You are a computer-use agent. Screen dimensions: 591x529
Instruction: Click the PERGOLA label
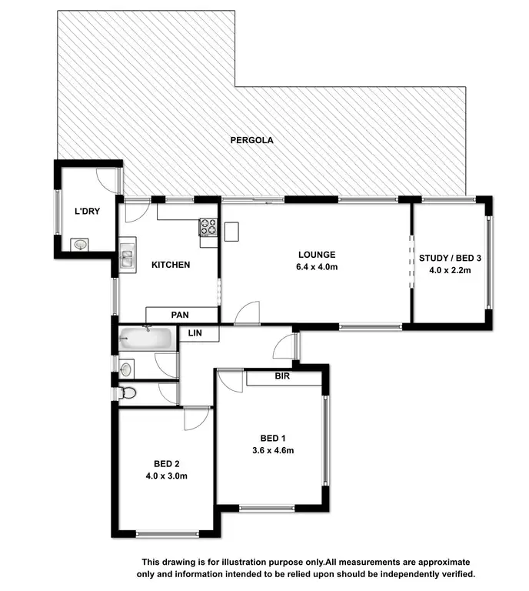click(252, 141)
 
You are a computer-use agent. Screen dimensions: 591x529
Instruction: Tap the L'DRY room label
click(85, 210)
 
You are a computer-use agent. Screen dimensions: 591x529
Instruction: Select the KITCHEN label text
click(170, 265)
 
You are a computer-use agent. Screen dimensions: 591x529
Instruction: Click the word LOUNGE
click(317, 255)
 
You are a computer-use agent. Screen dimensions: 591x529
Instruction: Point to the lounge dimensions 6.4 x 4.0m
click(317, 267)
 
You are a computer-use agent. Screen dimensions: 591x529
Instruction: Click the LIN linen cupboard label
click(195, 333)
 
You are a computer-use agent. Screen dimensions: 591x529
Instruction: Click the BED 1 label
click(273, 439)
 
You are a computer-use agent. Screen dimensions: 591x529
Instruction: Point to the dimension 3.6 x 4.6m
click(273, 450)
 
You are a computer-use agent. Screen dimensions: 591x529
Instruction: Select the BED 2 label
click(166, 463)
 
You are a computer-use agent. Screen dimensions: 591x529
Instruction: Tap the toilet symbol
click(128, 393)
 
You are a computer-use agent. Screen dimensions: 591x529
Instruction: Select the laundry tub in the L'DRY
click(80, 245)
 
